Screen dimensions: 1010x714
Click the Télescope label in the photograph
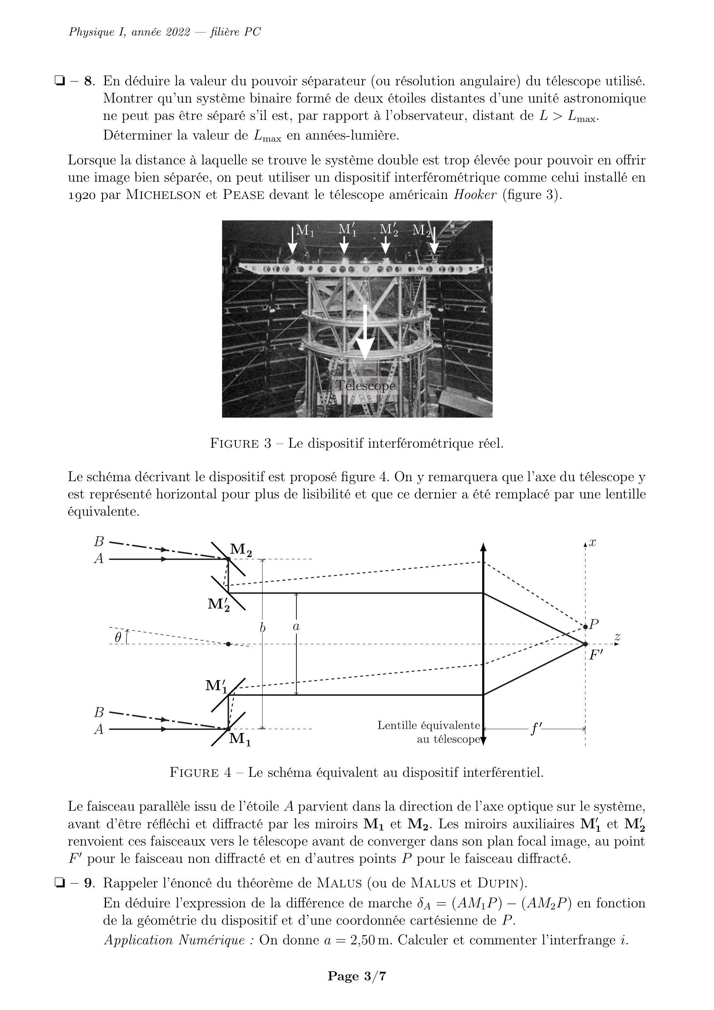[365, 386]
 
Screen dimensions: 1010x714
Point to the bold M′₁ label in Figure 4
[217, 686]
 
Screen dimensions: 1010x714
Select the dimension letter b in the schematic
[263, 628]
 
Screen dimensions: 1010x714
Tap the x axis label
[592, 542]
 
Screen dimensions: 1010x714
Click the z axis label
[617, 636]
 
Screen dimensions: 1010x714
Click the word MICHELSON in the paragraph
[164, 195]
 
